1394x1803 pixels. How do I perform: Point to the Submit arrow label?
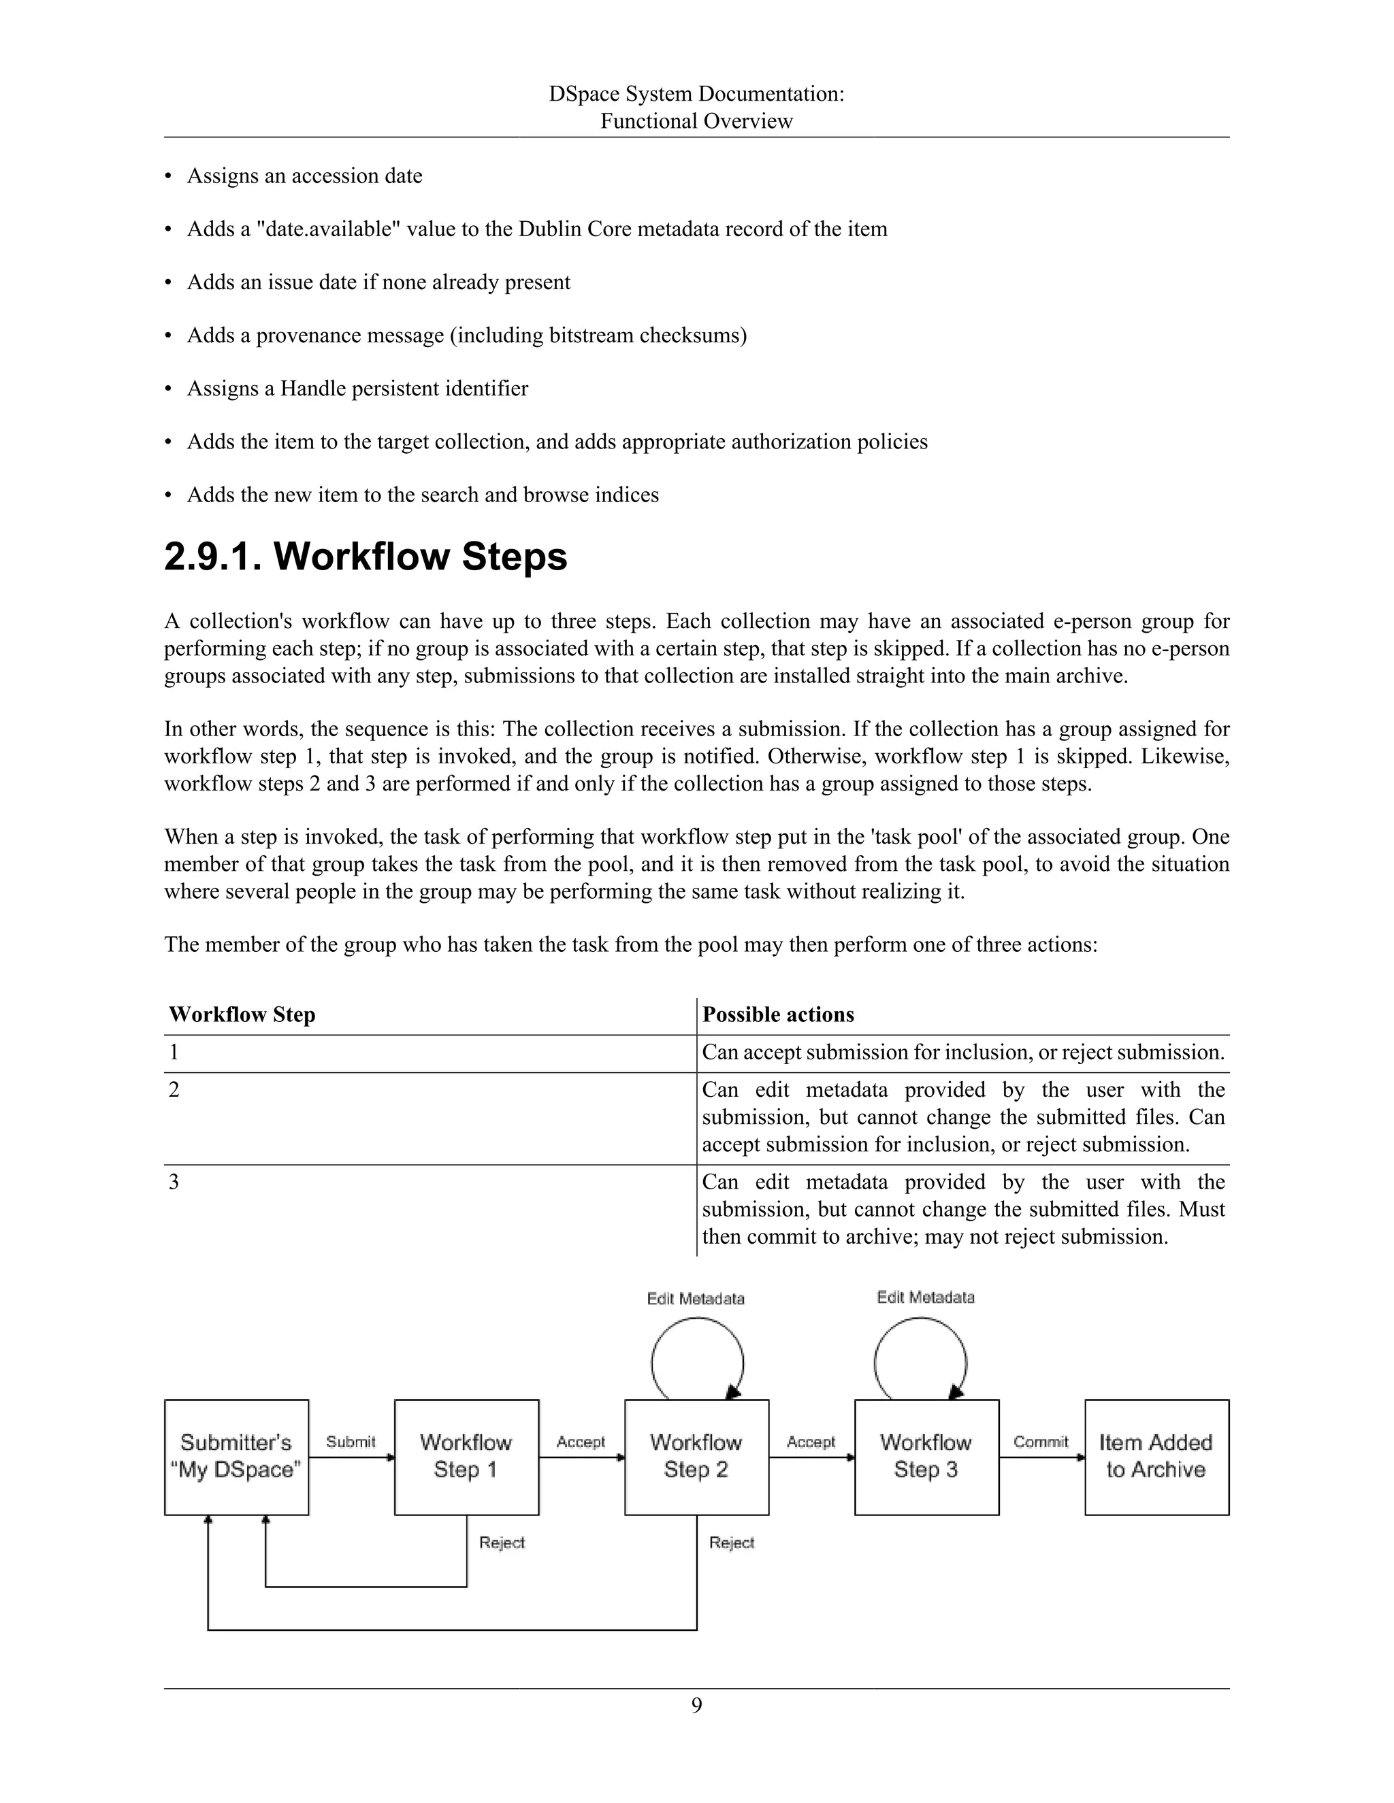[351, 1442]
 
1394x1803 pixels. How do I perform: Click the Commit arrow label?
[1041, 1442]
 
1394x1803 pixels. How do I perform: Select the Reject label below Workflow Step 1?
[502, 1542]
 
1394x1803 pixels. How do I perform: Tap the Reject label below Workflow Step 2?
[732, 1542]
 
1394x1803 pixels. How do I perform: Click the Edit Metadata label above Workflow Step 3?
[926, 1297]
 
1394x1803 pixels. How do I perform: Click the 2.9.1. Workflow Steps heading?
[366, 557]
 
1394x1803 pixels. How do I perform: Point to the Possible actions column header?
[778, 1014]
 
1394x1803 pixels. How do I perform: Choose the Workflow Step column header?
[242, 1014]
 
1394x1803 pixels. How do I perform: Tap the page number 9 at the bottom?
[696, 1705]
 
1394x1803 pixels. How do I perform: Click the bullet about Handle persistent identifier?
[357, 388]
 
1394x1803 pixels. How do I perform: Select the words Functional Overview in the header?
[696, 121]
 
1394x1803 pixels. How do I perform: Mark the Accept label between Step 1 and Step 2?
[581, 1442]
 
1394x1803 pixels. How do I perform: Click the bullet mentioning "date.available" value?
[537, 229]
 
